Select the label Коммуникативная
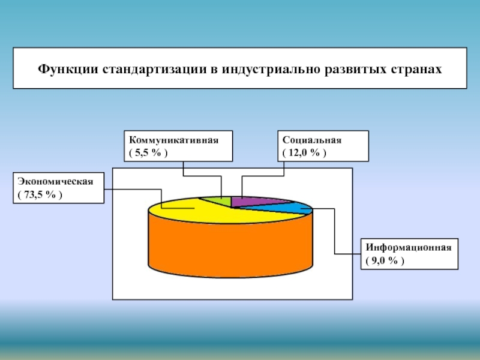click(173, 140)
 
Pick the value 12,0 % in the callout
click(305, 153)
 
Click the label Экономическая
click(55, 181)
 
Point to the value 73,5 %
click(40, 195)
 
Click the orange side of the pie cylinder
click(228, 246)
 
